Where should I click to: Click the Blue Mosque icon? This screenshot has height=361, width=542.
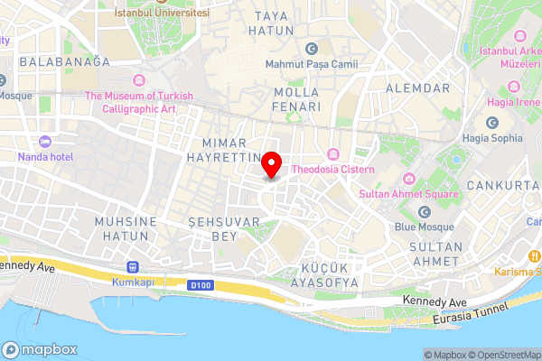[425, 212]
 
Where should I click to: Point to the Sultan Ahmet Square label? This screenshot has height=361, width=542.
[408, 193]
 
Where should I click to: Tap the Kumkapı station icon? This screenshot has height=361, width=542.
[134, 267]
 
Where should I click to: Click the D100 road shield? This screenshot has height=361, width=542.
[201, 286]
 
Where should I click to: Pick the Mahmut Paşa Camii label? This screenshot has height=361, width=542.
[312, 64]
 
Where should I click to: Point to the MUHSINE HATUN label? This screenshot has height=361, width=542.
[126, 228]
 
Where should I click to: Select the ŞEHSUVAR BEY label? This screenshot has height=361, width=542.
[212, 228]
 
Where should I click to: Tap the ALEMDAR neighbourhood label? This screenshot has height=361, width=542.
[417, 88]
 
